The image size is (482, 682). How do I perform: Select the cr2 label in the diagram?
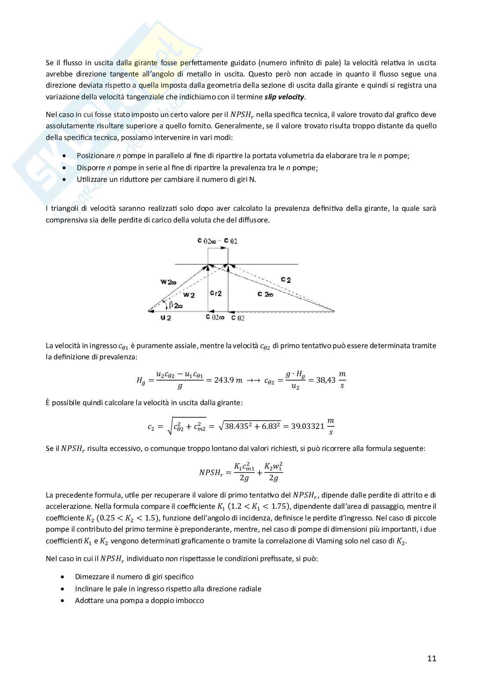pos(216,293)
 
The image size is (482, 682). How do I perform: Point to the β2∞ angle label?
pos(176,305)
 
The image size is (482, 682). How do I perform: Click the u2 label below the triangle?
pos(165,318)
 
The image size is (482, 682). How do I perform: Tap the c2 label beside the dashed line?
pos(285,280)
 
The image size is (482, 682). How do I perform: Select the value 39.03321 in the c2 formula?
pos(308,426)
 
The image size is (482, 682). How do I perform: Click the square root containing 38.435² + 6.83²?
pos(250,426)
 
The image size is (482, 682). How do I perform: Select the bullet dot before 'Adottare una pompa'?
pos(64,601)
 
